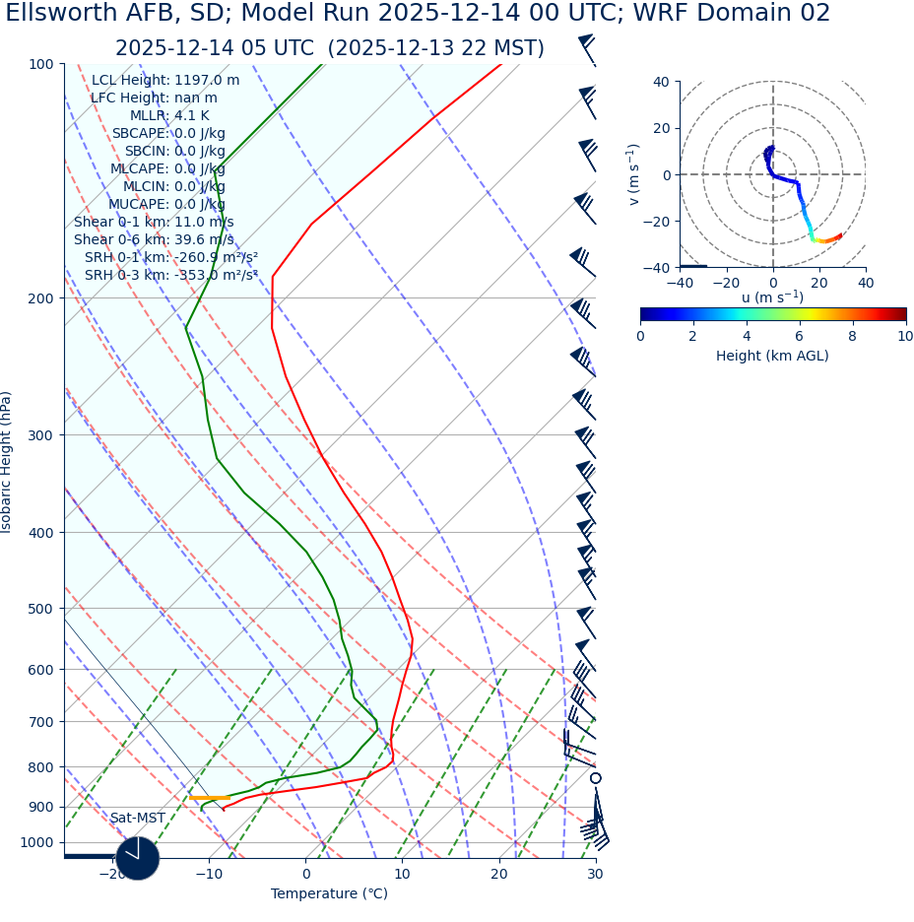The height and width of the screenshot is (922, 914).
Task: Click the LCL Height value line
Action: coord(164,81)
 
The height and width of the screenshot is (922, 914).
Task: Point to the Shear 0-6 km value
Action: coord(154,239)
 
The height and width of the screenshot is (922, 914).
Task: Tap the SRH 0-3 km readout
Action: coord(170,275)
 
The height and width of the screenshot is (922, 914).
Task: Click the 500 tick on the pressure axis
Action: coord(40,609)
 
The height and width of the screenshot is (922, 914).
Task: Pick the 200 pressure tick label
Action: coord(40,298)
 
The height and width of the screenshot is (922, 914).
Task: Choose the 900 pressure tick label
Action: coord(40,808)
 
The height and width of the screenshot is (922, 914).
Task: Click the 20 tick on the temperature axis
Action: coord(499,875)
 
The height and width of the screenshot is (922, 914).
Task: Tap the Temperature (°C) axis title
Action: coord(329,894)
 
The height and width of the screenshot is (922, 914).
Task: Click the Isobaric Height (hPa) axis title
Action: coord(7,462)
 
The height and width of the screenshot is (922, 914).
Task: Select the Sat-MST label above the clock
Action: coord(138,819)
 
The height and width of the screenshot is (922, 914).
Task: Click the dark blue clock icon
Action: coord(137,858)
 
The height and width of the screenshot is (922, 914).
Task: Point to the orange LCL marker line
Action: coord(210,798)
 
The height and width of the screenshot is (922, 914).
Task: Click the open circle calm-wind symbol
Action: coord(595,778)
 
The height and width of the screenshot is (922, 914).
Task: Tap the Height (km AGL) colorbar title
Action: coord(772,357)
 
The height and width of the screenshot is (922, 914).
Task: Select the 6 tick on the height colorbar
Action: coord(799,337)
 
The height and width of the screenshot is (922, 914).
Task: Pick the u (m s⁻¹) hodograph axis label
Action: coord(772,297)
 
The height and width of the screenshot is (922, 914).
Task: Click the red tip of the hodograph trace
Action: coord(839,235)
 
